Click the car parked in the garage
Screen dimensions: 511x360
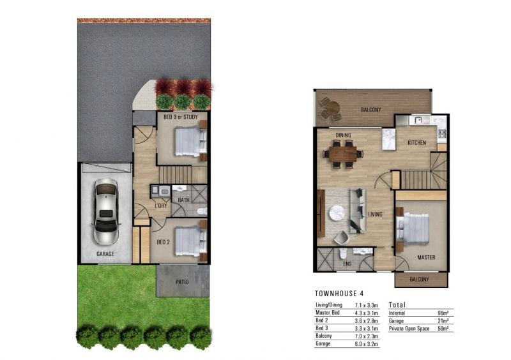click(x=106, y=211)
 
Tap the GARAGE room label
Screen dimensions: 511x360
click(x=105, y=254)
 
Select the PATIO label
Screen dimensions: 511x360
click(x=182, y=282)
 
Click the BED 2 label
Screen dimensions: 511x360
click(x=164, y=242)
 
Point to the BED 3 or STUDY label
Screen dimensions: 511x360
click(x=181, y=117)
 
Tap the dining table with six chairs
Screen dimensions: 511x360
click(x=343, y=154)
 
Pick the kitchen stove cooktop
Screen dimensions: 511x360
click(x=442, y=133)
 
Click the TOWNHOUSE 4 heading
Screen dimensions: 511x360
click(x=339, y=294)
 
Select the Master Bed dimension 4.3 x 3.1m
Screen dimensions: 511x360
click(x=366, y=313)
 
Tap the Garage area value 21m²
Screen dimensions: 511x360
click(x=443, y=321)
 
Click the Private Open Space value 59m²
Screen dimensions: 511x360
click(x=443, y=329)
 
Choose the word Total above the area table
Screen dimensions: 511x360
click(x=397, y=304)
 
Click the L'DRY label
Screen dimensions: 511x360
click(x=161, y=206)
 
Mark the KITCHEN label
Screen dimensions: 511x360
click(x=417, y=143)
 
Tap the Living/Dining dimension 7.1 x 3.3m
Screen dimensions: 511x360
click(x=366, y=305)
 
